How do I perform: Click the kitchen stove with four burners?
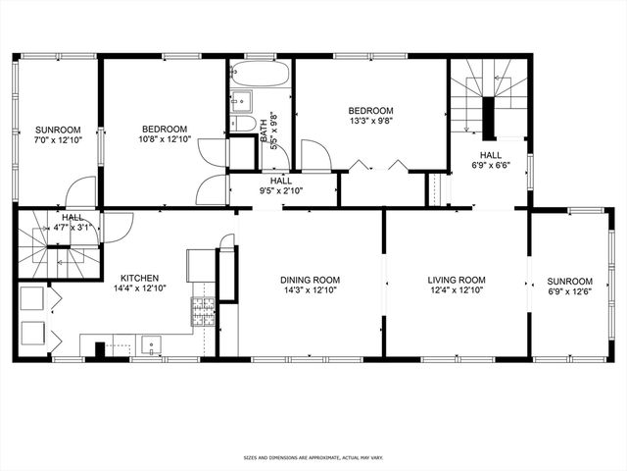click(x=205, y=312)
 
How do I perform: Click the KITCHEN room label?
click(x=140, y=278)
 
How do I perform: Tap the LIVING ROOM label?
click(x=457, y=280)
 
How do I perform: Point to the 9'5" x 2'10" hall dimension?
click(x=281, y=192)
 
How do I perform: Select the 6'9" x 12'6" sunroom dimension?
click(x=570, y=291)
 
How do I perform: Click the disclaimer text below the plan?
click(x=313, y=458)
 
